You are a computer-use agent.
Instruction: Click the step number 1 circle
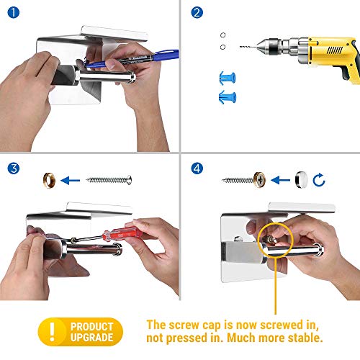14,12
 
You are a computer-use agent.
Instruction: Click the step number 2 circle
197,12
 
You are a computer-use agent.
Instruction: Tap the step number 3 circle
14,168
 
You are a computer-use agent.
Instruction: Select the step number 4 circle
197,168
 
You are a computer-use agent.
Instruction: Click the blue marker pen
132,58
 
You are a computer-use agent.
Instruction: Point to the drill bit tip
240,46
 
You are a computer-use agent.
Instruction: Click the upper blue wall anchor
228,78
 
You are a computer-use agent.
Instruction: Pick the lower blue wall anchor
228,97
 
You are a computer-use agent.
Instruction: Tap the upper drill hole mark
222,35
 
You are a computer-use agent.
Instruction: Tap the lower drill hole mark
222,47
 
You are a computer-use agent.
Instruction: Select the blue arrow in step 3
71,181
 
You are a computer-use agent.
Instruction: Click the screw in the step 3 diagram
109,180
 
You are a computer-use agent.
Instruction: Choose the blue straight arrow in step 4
280,180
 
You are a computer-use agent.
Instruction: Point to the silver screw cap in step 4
302,180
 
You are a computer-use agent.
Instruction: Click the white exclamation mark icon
52,332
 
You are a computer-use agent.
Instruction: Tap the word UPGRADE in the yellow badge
92,338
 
